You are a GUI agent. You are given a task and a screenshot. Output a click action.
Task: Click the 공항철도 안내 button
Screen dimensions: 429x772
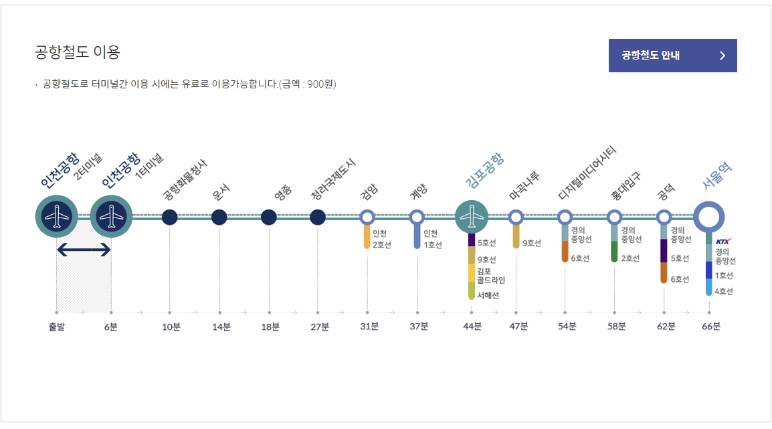[672, 56]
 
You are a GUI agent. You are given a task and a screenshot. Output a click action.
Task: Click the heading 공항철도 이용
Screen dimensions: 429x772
[77, 52]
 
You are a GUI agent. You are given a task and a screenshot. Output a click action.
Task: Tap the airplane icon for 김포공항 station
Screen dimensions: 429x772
[472, 217]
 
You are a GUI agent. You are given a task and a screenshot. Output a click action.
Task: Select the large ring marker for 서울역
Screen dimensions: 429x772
[708, 217]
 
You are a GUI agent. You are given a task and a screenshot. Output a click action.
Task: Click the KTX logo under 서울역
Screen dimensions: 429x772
[723, 241]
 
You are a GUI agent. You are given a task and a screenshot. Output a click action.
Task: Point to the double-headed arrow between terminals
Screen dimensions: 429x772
[84, 250]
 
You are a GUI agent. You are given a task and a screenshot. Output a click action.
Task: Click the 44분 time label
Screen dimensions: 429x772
[472, 327]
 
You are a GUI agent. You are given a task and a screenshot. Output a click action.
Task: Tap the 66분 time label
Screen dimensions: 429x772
[711, 327]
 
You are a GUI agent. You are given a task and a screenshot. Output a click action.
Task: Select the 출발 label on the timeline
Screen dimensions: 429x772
[58, 327]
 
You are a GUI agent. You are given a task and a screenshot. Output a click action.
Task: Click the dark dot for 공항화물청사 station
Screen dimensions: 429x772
[170, 217]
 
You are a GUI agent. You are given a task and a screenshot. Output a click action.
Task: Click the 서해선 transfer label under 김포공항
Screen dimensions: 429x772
[488, 295]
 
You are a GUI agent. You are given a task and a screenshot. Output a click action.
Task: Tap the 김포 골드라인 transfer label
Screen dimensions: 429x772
[491, 275]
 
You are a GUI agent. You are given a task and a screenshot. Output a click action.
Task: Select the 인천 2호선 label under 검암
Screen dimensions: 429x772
[381, 239]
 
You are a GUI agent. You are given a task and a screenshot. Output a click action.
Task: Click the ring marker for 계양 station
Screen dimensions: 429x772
[417, 217]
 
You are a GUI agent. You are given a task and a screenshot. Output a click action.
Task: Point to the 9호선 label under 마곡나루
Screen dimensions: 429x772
[532, 243]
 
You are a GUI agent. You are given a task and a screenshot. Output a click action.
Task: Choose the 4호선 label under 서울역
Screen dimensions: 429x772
[724, 291]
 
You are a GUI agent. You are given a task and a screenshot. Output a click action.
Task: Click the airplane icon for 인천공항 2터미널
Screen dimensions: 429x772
[57, 217]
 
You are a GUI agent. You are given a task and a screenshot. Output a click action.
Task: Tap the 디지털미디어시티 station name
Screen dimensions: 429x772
[587, 173]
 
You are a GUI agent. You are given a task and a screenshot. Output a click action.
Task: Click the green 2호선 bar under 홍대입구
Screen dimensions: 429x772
[614, 252]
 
